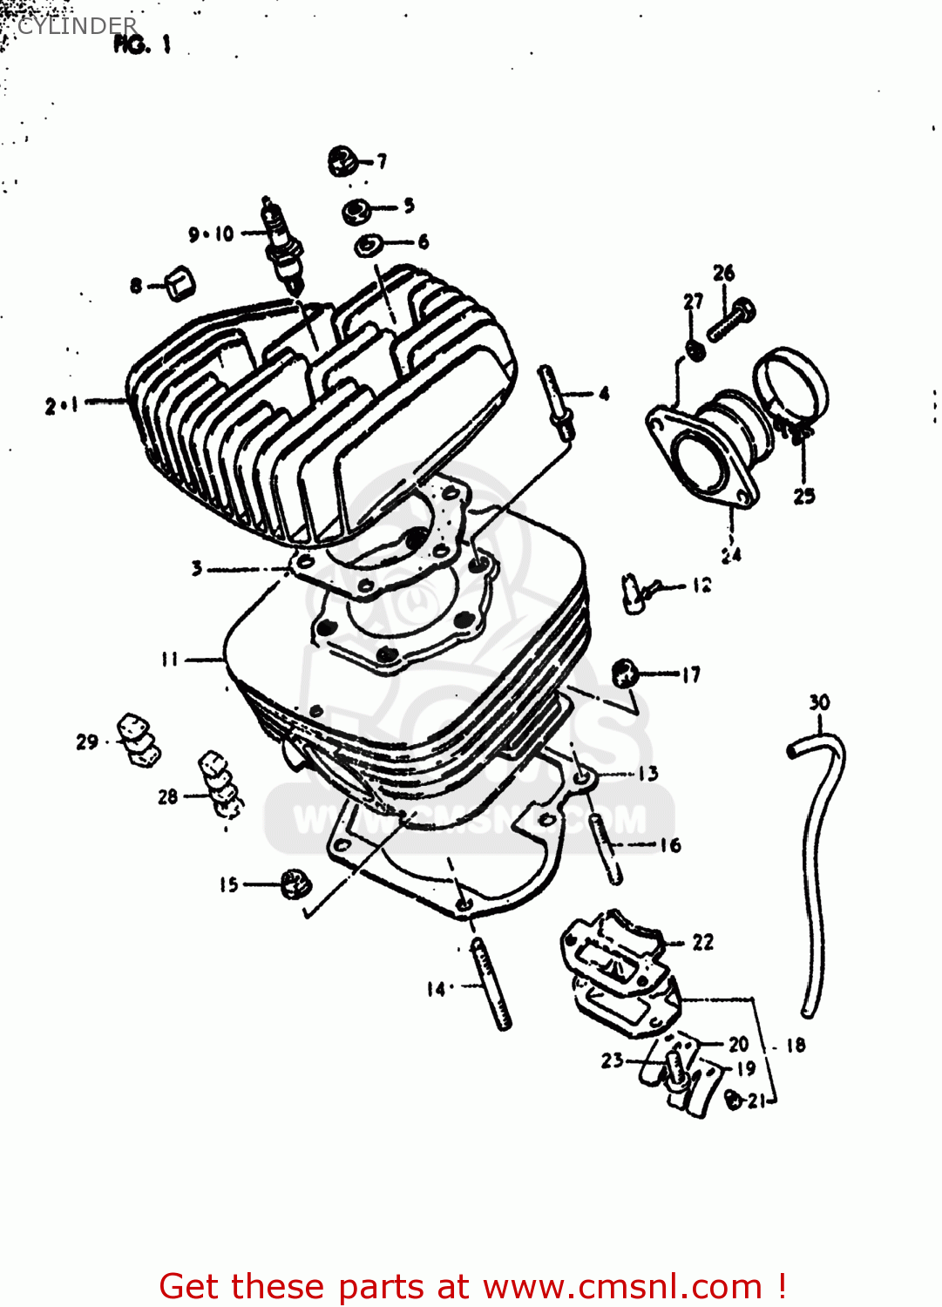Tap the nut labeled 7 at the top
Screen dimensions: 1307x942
(x=342, y=161)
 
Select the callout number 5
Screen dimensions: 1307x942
(x=409, y=206)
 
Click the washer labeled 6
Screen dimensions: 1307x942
(x=368, y=245)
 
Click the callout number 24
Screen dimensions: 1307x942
(x=730, y=554)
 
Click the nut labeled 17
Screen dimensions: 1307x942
(x=624, y=673)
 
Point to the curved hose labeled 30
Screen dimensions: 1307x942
(x=817, y=871)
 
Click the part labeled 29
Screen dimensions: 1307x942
(x=138, y=740)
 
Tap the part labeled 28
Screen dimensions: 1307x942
(x=220, y=784)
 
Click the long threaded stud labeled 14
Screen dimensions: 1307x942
(x=491, y=983)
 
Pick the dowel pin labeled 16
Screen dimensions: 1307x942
(x=606, y=848)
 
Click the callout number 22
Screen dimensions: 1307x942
(x=702, y=942)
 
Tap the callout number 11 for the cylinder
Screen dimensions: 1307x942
(x=169, y=660)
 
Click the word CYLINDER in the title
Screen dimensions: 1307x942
(x=77, y=26)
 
